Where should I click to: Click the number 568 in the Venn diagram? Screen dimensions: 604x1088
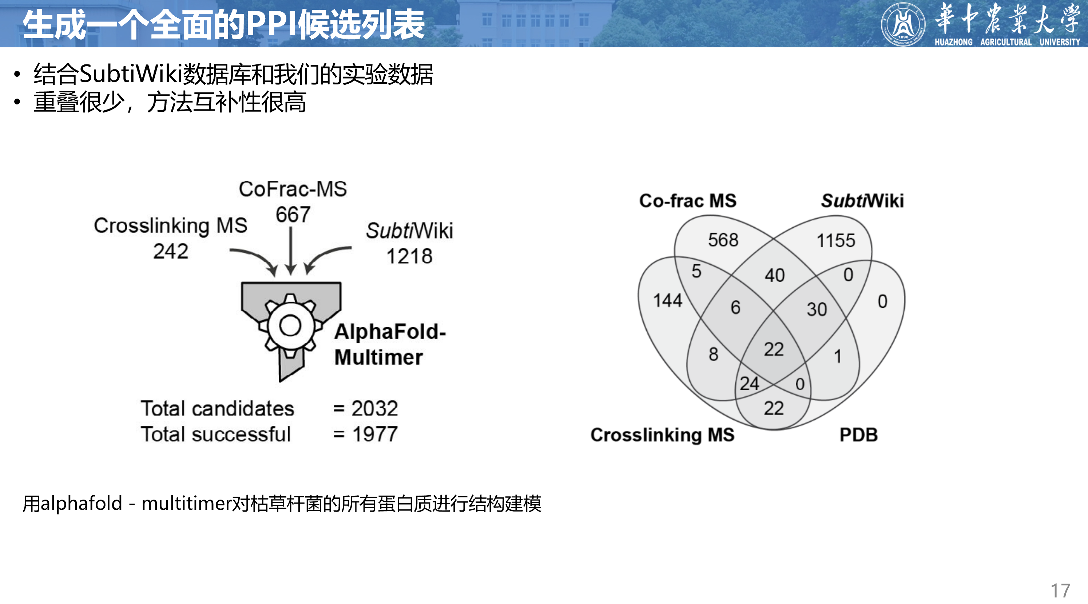click(723, 240)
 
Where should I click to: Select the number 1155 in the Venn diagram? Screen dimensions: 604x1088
click(835, 241)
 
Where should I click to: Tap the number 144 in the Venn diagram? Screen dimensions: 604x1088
click(667, 300)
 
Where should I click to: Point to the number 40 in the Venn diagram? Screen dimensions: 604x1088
click(774, 275)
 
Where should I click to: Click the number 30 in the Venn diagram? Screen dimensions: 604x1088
click(817, 309)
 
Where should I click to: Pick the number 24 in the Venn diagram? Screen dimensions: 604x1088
click(749, 384)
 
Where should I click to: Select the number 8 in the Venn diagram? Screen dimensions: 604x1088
click(713, 354)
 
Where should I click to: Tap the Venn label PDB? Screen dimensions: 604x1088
click(858, 435)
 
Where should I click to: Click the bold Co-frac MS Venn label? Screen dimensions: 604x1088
click(688, 200)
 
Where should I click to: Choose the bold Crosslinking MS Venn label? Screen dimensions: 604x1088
click(662, 435)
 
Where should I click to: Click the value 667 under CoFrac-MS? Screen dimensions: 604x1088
click(293, 215)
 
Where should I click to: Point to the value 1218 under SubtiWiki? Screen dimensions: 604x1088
click(409, 256)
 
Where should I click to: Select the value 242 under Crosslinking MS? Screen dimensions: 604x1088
click(171, 251)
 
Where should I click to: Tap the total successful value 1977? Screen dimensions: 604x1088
click(375, 434)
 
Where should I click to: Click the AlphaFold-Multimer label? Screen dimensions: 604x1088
click(389, 344)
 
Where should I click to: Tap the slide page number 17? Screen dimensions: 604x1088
click(1060, 591)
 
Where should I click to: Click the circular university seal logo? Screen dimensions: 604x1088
click(902, 24)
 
